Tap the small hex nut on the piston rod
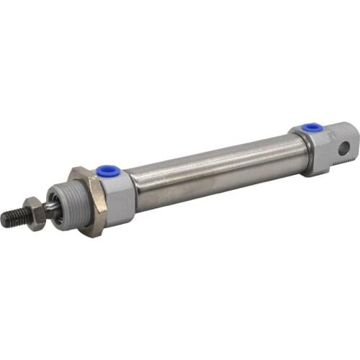(x=32, y=212)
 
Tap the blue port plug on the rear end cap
(x=312, y=127)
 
